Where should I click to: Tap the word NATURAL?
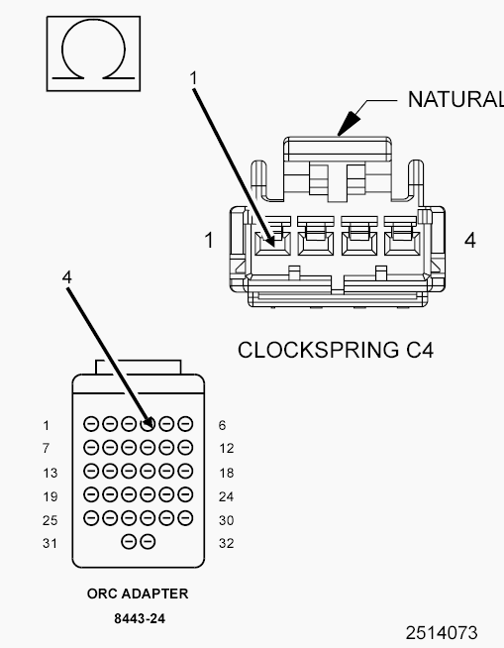(455, 100)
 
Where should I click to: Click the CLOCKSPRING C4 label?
(336, 350)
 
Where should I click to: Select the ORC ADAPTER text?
(138, 594)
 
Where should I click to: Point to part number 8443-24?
(140, 618)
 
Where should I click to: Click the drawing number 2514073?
(442, 633)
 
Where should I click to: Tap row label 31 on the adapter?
(50, 543)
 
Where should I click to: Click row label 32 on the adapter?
(227, 543)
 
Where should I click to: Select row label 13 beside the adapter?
(50, 473)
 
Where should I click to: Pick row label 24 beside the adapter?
(227, 496)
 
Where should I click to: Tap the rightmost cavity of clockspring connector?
(402, 244)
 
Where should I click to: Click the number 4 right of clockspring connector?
(470, 240)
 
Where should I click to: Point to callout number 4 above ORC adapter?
(67, 276)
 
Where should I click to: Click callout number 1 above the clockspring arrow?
(194, 78)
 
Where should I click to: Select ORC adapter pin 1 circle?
(91, 424)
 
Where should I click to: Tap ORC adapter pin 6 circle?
(185, 424)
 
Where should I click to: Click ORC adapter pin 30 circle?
(185, 518)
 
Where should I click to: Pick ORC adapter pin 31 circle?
(129, 541)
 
